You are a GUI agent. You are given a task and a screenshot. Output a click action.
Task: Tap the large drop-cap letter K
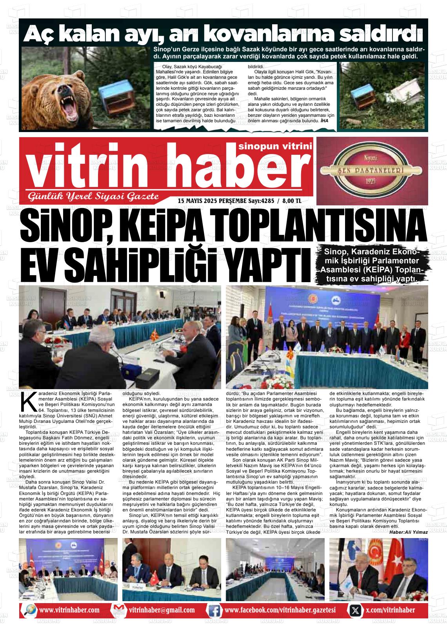(25, 402)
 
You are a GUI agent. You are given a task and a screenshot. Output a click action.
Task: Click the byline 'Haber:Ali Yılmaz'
(408, 532)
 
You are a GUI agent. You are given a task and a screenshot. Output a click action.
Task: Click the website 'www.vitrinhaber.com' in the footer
(69, 610)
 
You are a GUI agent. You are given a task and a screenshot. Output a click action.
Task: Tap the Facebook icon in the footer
(214, 610)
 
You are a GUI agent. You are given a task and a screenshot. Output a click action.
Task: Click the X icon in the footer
(355, 610)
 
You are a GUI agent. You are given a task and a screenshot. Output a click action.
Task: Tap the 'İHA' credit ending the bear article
(324, 121)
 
